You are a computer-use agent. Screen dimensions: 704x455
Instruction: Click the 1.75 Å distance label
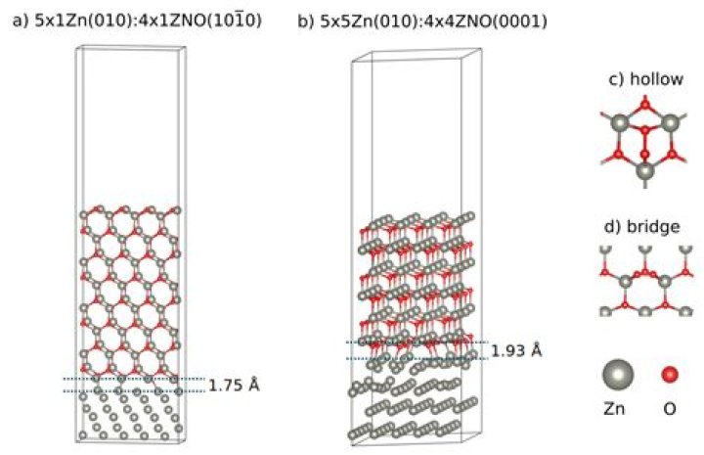click(234, 386)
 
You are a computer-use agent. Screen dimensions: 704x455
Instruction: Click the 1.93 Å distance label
click(516, 350)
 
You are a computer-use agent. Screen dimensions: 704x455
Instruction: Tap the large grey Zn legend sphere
click(618, 375)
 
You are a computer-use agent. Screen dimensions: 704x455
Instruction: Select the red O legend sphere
click(670, 375)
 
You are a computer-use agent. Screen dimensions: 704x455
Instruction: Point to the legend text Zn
click(614, 409)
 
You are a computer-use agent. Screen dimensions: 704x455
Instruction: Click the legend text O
click(670, 409)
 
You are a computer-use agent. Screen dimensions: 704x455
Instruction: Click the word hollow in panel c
click(657, 79)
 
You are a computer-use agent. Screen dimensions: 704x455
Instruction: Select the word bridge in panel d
click(653, 226)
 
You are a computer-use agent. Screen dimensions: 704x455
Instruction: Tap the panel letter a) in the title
click(22, 22)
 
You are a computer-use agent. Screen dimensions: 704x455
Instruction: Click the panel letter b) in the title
click(307, 22)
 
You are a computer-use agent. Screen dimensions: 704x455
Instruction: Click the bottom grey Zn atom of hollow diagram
click(645, 171)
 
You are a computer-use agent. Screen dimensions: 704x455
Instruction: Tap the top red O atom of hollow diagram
click(645, 105)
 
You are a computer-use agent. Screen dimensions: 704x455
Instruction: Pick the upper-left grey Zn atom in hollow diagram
click(620, 122)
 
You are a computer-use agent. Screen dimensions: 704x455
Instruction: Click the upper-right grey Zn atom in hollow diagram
click(671, 122)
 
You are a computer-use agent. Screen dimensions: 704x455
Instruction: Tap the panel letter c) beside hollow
click(616, 79)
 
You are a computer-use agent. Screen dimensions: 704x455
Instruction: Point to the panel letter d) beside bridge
click(613, 226)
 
